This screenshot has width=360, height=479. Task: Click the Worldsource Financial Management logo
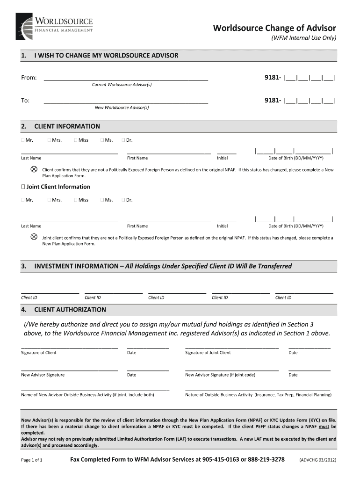pyautogui.click(x=54, y=26)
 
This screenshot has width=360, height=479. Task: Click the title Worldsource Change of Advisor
pyautogui.click(x=274, y=28)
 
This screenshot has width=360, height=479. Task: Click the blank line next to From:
pyautogui.click(x=126, y=78)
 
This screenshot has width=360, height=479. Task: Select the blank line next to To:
pyautogui.click(x=126, y=100)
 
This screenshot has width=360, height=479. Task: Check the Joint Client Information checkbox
pyautogui.click(x=23, y=187)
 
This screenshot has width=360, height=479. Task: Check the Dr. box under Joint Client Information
pyautogui.click(x=123, y=200)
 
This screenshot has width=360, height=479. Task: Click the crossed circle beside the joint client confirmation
pyautogui.click(x=34, y=237)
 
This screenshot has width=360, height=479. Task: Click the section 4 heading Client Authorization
pyautogui.click(x=70, y=310)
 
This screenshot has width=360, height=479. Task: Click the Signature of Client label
pyautogui.click(x=39, y=353)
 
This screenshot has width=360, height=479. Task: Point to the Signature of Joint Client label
pyautogui.click(x=208, y=353)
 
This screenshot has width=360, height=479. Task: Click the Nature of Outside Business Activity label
pyautogui.click(x=258, y=395)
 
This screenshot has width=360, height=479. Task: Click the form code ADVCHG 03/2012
pyautogui.click(x=317, y=460)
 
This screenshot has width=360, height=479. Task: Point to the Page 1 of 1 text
pyautogui.click(x=32, y=460)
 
